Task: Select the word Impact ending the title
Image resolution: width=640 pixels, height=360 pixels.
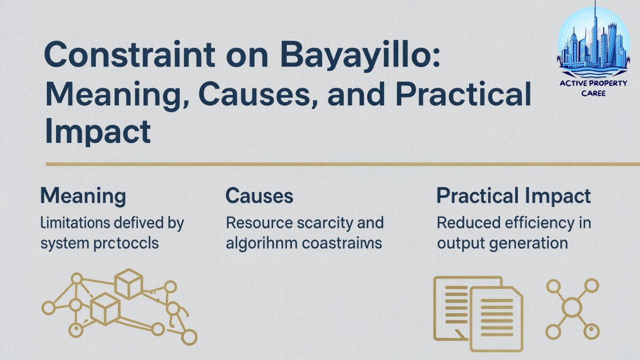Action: [97, 131]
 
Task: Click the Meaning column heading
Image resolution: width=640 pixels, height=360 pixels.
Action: [83, 196]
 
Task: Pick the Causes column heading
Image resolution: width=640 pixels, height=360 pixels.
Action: [259, 196]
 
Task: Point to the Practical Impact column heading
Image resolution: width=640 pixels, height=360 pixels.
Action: [513, 196]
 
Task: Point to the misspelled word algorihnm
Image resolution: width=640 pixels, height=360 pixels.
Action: [258, 243]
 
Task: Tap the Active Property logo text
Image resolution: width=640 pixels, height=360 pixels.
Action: [593, 83]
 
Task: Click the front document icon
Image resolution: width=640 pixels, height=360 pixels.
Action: [496, 317]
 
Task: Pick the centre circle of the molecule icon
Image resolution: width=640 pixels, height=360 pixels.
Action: [572, 307]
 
